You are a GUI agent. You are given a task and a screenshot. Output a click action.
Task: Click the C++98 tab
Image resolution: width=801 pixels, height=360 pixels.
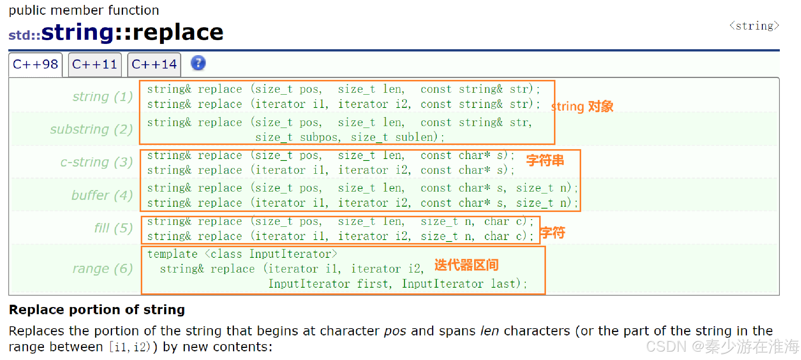(x=35, y=65)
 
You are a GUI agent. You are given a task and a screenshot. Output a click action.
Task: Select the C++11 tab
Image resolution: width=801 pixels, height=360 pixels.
(x=95, y=65)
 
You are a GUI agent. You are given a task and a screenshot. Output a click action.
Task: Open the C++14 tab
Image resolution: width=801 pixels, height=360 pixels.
(x=154, y=65)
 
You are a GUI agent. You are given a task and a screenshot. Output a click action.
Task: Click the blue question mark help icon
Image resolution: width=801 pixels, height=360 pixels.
(x=198, y=63)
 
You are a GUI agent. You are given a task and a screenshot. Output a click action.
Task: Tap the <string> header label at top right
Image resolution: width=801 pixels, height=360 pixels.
(x=754, y=26)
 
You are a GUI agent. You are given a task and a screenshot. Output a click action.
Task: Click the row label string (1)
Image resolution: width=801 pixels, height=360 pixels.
(x=102, y=97)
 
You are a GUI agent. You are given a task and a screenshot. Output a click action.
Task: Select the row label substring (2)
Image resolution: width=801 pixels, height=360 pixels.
(x=91, y=129)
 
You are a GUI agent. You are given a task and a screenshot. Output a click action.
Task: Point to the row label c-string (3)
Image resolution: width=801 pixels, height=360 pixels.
(x=96, y=162)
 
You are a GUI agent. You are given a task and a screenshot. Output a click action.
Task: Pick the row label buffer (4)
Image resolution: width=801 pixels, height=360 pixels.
(x=102, y=195)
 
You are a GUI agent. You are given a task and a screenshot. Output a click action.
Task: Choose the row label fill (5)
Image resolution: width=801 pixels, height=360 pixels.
(x=113, y=228)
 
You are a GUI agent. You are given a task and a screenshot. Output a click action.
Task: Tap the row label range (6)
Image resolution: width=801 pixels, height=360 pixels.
(x=102, y=268)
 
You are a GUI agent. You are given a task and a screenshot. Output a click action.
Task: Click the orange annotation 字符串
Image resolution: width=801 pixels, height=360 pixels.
(x=545, y=161)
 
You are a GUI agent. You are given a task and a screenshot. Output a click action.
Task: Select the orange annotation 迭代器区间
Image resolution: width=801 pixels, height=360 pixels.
(x=466, y=265)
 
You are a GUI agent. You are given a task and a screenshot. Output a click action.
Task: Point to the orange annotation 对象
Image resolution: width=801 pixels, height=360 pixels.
(x=600, y=107)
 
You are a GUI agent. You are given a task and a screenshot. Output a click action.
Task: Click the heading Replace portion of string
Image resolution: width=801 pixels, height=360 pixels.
(x=97, y=310)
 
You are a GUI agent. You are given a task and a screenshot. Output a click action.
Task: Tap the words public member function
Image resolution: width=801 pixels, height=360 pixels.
(x=84, y=10)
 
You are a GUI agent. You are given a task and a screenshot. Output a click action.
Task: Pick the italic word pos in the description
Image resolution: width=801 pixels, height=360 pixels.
(x=395, y=331)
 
